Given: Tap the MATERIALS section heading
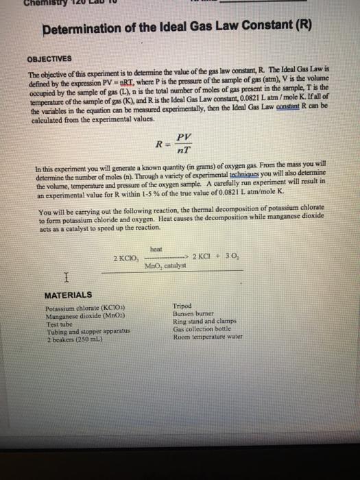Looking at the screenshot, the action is coord(67,295).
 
